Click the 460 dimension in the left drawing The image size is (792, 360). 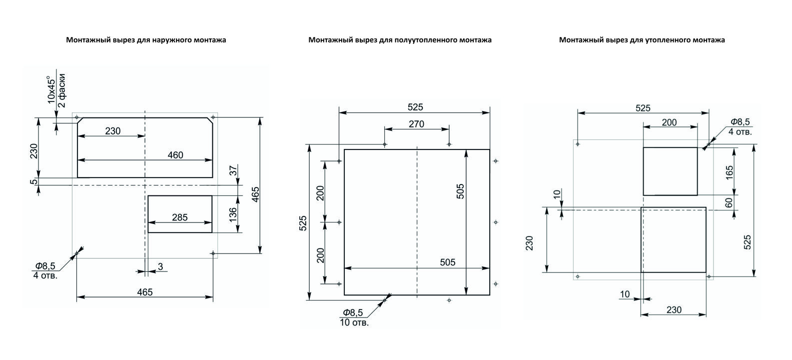pos(175,155)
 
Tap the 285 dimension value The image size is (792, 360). pos(179,217)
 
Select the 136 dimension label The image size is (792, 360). pos(233,214)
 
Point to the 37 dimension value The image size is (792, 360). pos(233,171)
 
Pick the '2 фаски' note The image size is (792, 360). pos(61,90)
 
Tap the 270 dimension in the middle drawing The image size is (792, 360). pos(416,124)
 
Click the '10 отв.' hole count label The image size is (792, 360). pos(354,322)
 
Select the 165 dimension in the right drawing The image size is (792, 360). pos(730,172)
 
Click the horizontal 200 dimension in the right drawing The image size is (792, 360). pos(669,122)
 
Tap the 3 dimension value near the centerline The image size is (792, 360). pos(160,266)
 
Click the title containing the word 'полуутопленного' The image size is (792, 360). pos(400,40)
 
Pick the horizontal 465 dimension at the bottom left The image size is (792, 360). pos(145,292)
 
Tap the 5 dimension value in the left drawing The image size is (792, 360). pos(33,182)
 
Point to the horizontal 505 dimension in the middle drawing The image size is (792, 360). pos(448,262)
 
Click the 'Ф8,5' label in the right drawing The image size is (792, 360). pos(740,122)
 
